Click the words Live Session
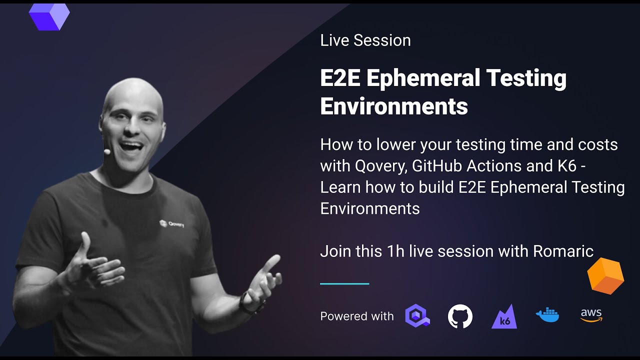pos(365,40)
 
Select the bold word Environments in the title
pos(394,106)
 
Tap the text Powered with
pos(357,316)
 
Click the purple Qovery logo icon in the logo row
pos(417,316)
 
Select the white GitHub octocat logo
pos(460,316)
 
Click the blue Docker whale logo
pos(547,315)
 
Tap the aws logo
pos(591,315)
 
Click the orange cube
pos(605,275)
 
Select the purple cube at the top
pos(49,16)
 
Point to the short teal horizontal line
pos(344,283)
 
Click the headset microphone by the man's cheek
pos(107,150)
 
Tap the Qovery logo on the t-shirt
pos(171,223)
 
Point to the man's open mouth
pos(131,147)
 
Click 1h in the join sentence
pos(395,251)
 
